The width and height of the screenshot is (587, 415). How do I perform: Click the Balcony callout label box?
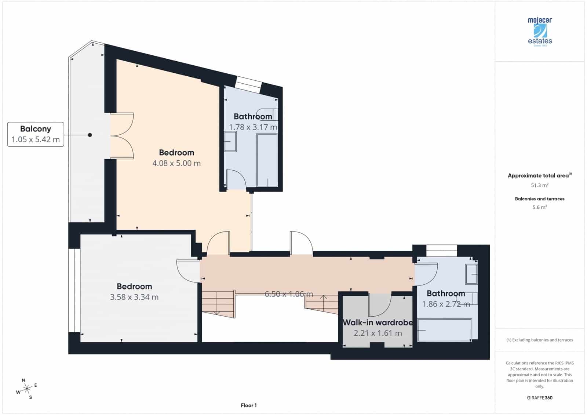36,134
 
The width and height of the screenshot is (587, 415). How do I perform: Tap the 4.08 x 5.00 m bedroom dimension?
176,163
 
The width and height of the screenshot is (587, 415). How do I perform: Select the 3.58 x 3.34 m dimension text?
134,297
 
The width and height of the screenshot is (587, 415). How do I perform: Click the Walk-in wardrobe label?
378,323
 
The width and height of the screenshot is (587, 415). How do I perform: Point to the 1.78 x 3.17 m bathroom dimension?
253,127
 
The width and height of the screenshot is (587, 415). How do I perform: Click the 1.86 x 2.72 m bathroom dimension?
445,304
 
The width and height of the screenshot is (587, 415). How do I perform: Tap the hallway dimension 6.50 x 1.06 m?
289,294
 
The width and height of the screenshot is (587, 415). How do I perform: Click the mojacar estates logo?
540,32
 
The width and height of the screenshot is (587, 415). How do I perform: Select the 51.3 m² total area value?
539,185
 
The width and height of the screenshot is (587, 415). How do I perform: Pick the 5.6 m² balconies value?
539,207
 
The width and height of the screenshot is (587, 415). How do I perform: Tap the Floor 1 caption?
249,405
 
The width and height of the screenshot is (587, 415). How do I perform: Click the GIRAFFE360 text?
539,398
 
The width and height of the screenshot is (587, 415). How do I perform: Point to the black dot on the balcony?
90,135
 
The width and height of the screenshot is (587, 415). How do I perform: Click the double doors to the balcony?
121,136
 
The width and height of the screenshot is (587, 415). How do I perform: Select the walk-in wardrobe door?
380,305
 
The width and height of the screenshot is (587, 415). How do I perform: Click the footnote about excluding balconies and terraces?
539,340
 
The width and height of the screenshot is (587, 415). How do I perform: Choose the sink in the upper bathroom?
230,142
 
